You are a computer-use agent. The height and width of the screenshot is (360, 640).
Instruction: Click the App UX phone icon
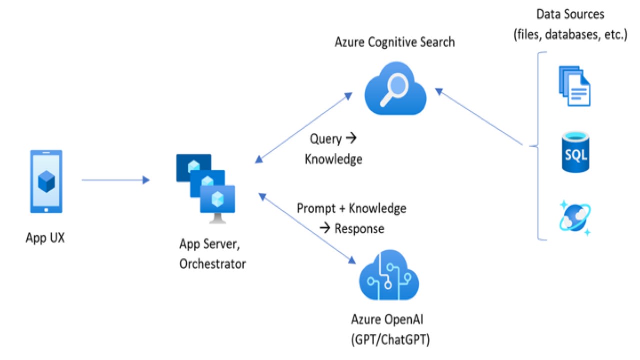pyautogui.click(x=46, y=182)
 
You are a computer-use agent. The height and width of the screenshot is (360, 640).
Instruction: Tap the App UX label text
pyautogui.click(x=45, y=237)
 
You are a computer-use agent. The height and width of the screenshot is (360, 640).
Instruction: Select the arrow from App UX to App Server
pyautogui.click(x=115, y=180)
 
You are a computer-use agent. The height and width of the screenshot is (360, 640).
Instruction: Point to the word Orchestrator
pyautogui.click(x=212, y=263)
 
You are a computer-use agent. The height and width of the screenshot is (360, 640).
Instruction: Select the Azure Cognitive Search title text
pyautogui.click(x=395, y=42)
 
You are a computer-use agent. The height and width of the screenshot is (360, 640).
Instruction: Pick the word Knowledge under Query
pyautogui.click(x=333, y=159)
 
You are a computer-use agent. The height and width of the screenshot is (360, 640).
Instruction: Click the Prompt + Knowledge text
pyautogui.click(x=351, y=208)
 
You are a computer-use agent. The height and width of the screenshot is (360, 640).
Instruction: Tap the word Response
pyautogui.click(x=359, y=229)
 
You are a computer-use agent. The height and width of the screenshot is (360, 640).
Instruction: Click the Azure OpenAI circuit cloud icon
pyautogui.click(x=389, y=277)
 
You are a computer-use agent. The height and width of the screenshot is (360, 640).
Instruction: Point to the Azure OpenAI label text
pyautogui.click(x=391, y=319)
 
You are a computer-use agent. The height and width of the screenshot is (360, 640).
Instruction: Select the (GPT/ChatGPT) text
pyautogui.click(x=391, y=339)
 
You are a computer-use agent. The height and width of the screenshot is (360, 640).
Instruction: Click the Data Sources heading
pyautogui.click(x=570, y=14)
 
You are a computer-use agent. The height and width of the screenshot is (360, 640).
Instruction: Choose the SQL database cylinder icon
pyautogui.click(x=575, y=152)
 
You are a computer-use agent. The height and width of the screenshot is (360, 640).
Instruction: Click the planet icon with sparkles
pyautogui.click(x=574, y=217)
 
